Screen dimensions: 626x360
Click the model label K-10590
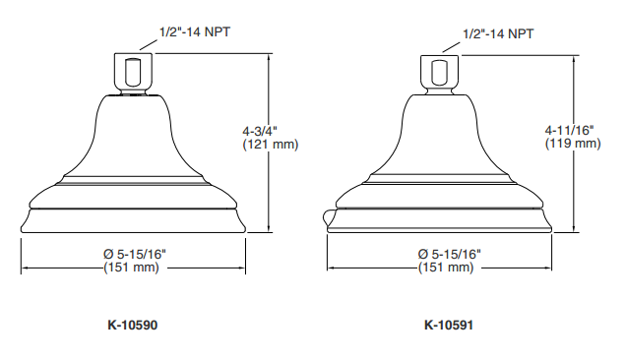[133, 325]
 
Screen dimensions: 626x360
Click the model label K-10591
[449, 325]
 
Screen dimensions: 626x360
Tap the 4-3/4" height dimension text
[260, 131]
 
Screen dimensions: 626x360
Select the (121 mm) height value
[271, 144]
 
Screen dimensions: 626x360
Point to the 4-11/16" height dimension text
[569, 130]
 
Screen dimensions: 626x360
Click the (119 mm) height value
[573, 143]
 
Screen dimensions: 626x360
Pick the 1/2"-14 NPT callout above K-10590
[195, 31]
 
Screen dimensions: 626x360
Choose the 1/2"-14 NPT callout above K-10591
[498, 33]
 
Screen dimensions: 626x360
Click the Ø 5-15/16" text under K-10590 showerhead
[135, 254]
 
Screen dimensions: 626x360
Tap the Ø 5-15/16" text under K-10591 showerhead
[449, 254]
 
